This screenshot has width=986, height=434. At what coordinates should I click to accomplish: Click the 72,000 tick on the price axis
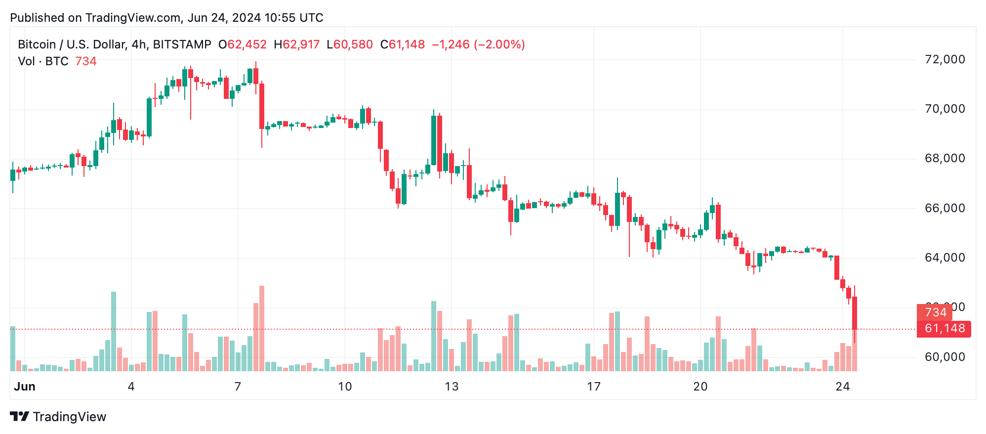(944, 60)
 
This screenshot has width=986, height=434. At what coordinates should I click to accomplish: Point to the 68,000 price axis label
(944, 159)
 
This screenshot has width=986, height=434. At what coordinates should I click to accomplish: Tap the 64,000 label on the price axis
(944, 258)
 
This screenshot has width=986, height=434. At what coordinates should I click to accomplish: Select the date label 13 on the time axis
(452, 387)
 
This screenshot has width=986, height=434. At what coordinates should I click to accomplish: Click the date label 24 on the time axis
(842, 387)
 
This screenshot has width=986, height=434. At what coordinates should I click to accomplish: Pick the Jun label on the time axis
(25, 387)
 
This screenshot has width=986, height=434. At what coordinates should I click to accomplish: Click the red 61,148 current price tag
(944, 329)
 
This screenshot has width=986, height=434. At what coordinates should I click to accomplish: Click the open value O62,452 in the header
(243, 44)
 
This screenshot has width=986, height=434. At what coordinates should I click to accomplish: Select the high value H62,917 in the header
(297, 44)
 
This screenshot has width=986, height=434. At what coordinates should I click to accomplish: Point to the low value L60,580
(350, 44)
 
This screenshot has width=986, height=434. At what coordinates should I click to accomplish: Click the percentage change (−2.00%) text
(499, 44)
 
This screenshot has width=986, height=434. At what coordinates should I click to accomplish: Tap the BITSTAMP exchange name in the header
(182, 44)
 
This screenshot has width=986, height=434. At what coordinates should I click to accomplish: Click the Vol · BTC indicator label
(43, 61)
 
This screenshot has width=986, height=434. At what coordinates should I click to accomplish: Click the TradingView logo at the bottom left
(58, 417)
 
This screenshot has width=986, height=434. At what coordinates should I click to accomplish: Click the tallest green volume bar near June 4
(114, 331)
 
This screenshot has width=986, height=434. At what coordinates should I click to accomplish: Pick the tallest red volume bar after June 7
(262, 328)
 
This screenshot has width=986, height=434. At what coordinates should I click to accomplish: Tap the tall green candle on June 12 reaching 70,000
(434, 140)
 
